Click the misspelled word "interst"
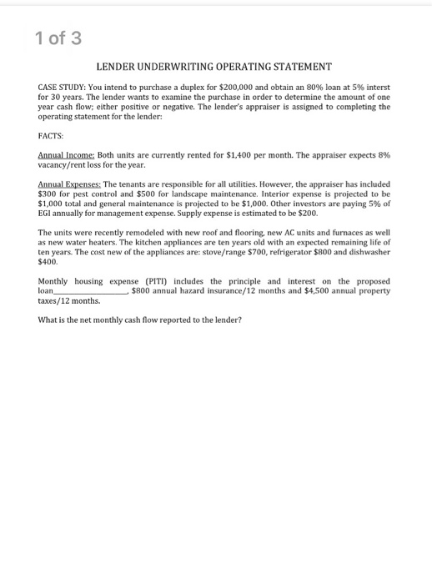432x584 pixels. click(377, 88)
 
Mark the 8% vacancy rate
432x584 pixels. click(384, 155)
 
